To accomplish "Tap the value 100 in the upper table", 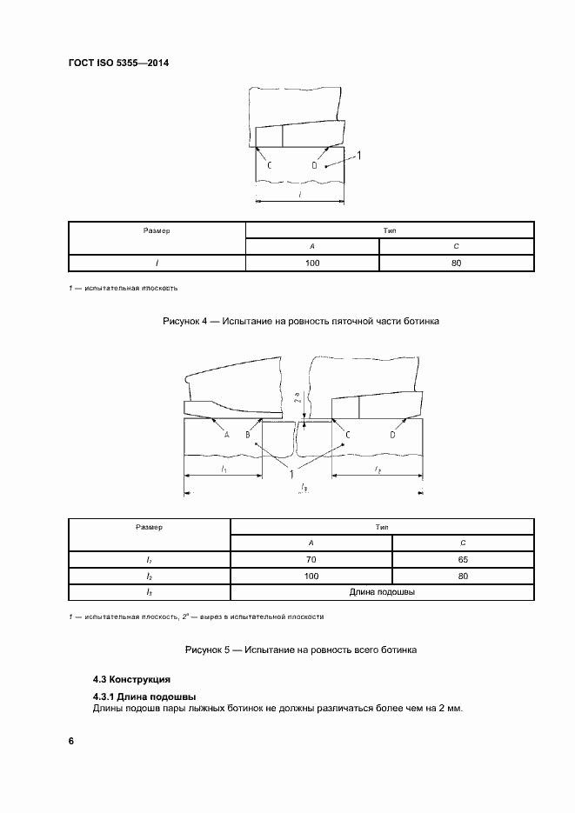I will [312, 263].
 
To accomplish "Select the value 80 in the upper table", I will [456, 263].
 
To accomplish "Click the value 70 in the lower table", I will [311, 560].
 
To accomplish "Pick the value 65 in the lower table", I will [462, 560].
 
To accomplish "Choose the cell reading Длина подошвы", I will [381, 591].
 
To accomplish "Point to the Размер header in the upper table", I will [157, 230].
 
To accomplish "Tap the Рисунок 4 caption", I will [301, 322].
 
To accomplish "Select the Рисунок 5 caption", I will [301, 650].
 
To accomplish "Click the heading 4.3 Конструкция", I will [132, 679].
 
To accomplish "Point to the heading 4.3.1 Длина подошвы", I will [144, 696].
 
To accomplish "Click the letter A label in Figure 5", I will [225, 434].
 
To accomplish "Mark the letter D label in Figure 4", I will [315, 164].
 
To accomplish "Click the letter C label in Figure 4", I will [269, 164].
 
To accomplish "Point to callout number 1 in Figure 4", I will [359, 156].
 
